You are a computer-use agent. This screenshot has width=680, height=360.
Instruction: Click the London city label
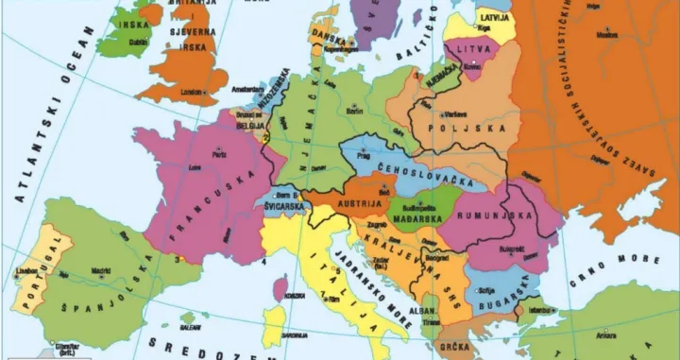pos(192,92)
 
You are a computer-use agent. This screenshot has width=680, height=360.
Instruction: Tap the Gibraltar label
pos(66,348)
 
